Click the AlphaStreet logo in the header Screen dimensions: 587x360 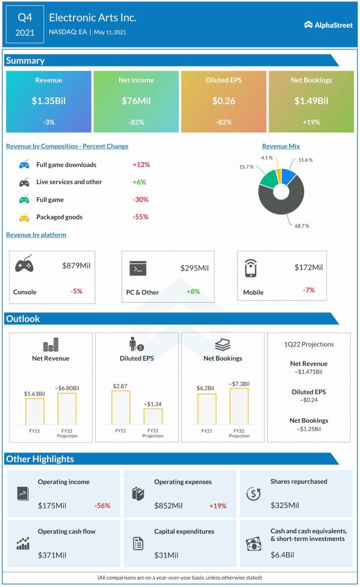click(x=328, y=25)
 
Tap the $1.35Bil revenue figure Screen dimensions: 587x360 click(x=49, y=101)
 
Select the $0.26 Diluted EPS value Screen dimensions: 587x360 click(x=224, y=101)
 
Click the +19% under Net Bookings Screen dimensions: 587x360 click(x=311, y=122)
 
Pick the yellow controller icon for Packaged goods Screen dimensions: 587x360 click(x=24, y=217)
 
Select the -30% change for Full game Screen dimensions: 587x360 click(x=141, y=200)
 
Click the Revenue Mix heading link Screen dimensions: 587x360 click(x=281, y=146)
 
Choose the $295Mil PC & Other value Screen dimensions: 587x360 click(x=195, y=268)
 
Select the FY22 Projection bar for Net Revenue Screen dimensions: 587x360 click(x=67, y=409)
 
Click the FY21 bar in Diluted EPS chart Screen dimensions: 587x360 click(x=121, y=407)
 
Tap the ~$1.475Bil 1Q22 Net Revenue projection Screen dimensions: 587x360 click(x=309, y=372)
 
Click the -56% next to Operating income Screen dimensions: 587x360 click(x=102, y=505)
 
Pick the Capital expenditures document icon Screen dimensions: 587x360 click(x=138, y=543)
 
